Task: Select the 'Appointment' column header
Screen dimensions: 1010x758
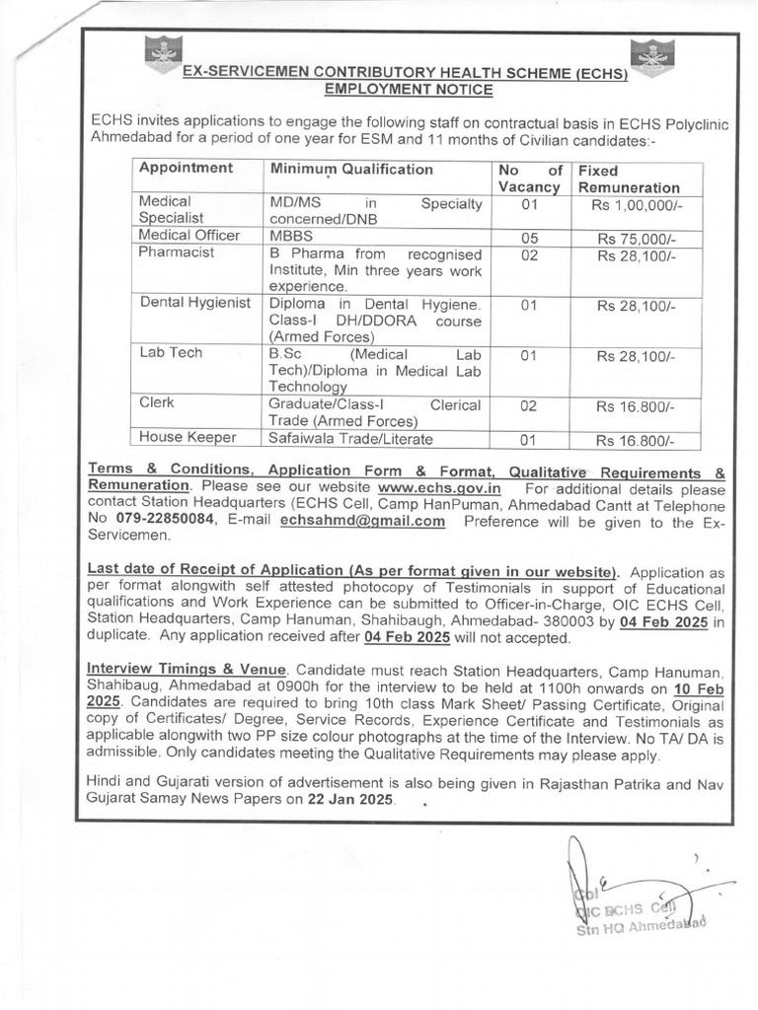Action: point(187,169)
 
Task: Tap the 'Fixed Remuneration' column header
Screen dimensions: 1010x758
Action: point(629,178)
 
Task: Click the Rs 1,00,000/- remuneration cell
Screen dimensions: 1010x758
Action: point(636,204)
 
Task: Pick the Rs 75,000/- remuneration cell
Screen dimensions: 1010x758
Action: point(636,238)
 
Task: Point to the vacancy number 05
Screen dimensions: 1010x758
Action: point(528,238)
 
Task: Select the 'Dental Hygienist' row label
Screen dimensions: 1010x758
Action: point(194,304)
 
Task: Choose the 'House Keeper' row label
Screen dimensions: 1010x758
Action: point(188,437)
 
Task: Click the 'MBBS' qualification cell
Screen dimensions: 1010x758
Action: point(289,237)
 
